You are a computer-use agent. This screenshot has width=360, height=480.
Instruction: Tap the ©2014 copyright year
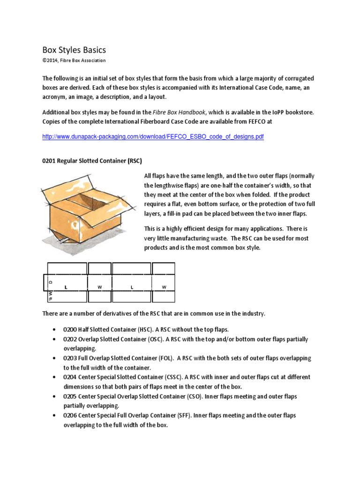coord(51,60)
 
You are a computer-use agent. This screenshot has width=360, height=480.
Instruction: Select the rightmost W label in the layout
coord(164,286)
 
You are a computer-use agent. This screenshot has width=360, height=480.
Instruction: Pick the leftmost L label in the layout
coord(67,286)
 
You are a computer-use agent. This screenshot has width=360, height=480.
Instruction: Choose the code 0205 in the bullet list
coord(71,396)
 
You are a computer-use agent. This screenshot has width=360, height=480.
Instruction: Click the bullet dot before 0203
coord(56,358)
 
